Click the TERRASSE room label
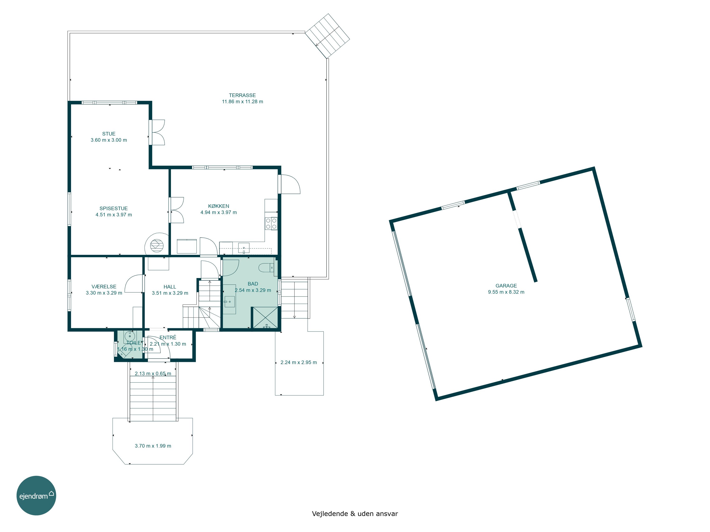coord(242,95)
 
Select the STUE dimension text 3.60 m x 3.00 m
coord(109,140)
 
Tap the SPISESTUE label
coord(114,209)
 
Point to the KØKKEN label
coord(219,206)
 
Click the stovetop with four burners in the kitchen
coord(271,223)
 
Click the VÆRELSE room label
coord(104,287)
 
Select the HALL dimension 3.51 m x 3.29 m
coord(170,293)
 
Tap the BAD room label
coord(253,284)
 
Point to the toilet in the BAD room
coord(266,267)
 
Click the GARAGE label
coord(506,286)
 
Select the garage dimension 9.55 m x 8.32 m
coord(506,292)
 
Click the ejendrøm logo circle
coord(36,495)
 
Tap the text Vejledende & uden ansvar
coord(355,513)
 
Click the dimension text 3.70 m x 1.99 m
coord(153,446)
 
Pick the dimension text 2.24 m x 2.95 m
coord(299,362)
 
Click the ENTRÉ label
coord(168,337)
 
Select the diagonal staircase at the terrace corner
coord(327,36)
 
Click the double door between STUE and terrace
coord(157,132)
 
